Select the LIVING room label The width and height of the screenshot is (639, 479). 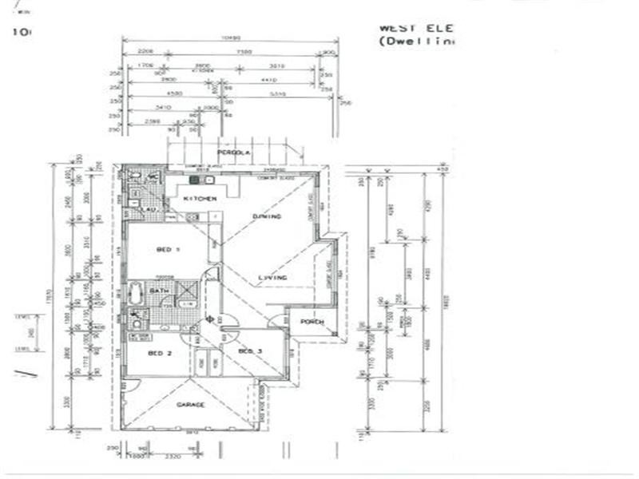(272, 278)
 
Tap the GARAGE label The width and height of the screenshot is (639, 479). (191, 405)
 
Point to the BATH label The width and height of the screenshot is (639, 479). (158, 291)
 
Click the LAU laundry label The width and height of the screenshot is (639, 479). (149, 209)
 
